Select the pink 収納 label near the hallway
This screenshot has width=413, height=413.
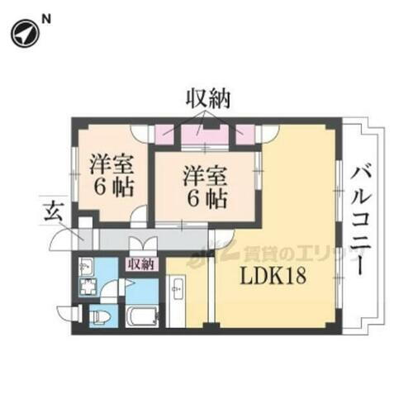(x=142, y=264)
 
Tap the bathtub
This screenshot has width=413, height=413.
(x=145, y=316)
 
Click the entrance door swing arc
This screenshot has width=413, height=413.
(x=62, y=241)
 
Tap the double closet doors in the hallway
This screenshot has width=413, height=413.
(x=140, y=246)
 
